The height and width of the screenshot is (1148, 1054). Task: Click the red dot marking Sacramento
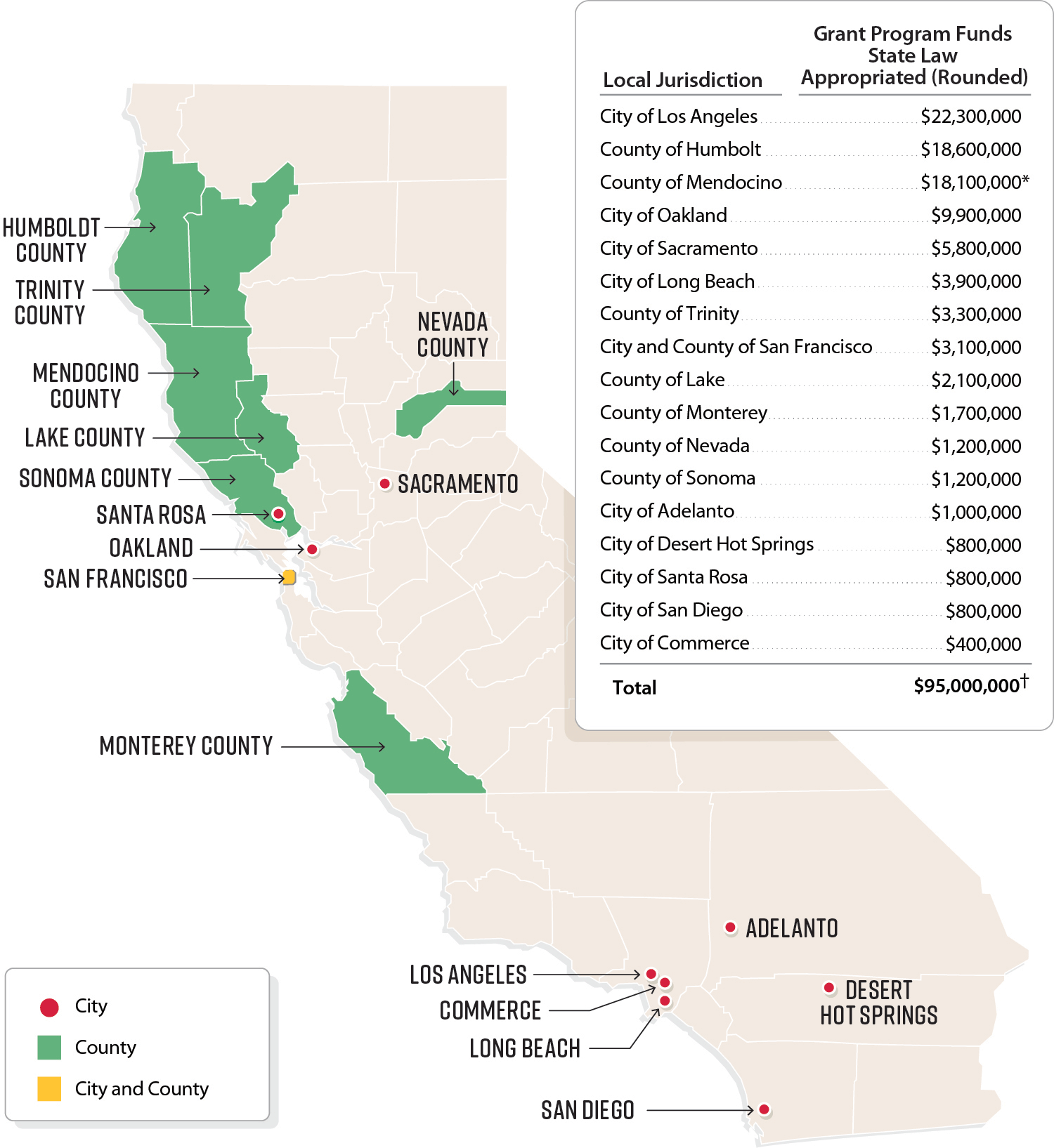(384, 484)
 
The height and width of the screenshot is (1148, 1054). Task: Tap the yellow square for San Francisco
(289, 578)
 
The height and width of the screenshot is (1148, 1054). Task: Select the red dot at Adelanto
(730, 928)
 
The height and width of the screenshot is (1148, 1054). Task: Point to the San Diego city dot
(765, 1109)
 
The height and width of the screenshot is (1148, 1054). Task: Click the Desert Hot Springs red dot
(829, 988)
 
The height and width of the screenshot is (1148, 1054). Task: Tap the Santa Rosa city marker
(278, 514)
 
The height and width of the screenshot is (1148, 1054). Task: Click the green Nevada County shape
(422, 411)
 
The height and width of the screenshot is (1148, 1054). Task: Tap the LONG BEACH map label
(525, 1048)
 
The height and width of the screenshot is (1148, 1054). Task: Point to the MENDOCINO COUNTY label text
(86, 385)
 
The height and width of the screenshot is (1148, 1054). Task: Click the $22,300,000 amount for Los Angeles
(970, 117)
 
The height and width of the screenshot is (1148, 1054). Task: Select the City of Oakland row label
(663, 216)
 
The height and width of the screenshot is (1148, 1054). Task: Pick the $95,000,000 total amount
(966, 686)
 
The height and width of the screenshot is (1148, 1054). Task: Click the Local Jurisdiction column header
(682, 80)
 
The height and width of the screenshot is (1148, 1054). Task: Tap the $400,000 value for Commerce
(983, 644)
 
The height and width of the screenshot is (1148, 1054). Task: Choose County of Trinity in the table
(669, 314)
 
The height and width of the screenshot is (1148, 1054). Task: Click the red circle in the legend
(49, 1008)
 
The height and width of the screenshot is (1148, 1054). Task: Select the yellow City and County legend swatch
(49, 1088)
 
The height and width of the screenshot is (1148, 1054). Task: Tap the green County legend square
(49, 1048)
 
